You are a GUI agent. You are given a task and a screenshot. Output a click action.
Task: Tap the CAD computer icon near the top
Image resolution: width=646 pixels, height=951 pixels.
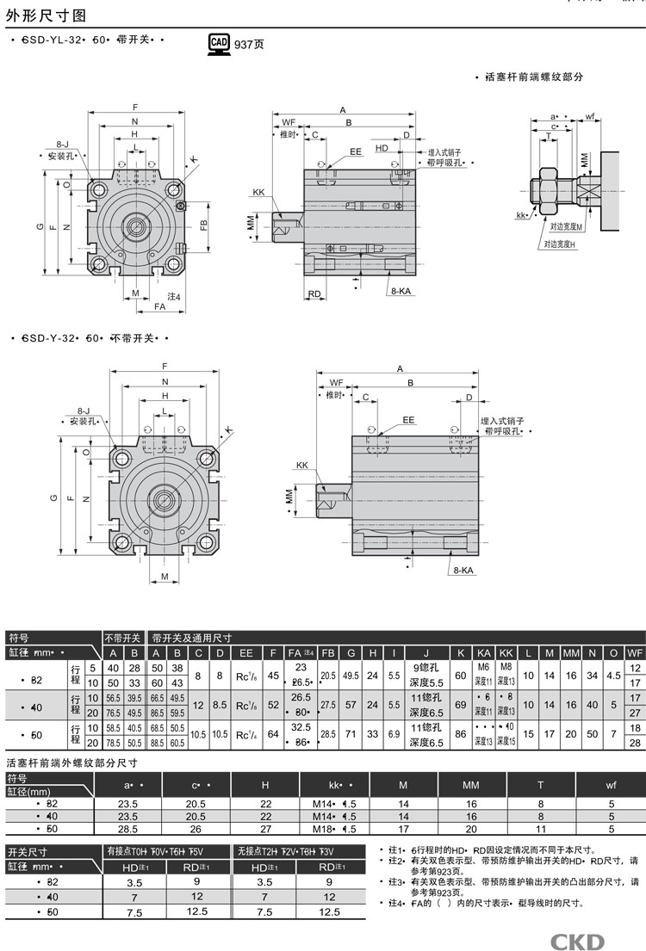219,43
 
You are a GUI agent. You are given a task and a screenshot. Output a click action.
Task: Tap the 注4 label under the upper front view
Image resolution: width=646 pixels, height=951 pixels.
172,297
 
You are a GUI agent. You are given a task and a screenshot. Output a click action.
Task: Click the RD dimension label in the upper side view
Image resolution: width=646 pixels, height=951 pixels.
314,293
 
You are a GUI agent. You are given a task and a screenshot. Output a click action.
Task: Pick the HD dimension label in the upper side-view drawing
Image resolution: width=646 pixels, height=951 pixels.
382,147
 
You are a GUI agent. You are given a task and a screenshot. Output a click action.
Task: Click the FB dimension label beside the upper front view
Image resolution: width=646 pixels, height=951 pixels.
203,225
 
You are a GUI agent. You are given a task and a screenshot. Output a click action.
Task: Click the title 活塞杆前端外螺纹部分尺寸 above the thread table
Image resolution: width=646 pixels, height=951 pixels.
72,763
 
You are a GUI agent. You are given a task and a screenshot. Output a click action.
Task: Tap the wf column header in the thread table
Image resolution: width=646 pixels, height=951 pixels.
611,785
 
